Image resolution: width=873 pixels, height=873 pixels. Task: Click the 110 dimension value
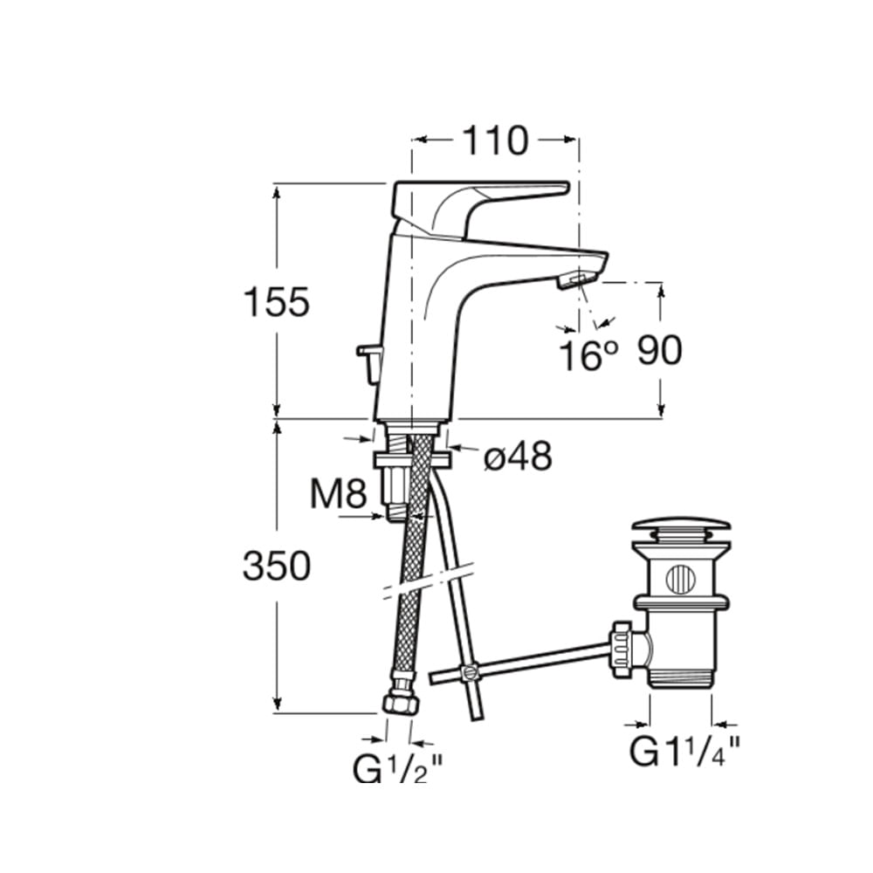click(495, 141)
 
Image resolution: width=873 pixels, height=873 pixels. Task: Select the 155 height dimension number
click(276, 302)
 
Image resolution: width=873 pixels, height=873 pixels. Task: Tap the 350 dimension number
click(276, 566)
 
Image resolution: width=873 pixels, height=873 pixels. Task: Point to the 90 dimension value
click(659, 350)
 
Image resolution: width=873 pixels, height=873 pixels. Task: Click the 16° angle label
click(588, 356)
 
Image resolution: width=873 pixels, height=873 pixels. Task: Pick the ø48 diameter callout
click(518, 457)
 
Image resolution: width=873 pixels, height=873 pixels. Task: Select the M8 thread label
click(339, 493)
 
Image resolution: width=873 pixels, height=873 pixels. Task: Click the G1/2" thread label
click(397, 768)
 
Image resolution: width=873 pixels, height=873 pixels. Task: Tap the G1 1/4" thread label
click(684, 752)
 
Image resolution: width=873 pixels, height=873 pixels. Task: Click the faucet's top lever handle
click(481, 206)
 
